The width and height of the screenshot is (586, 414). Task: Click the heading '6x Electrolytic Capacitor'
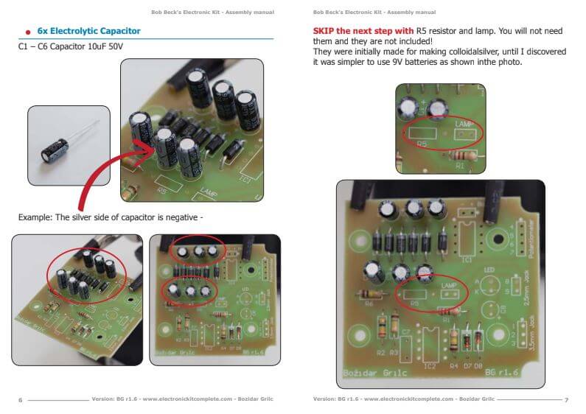coord(88,31)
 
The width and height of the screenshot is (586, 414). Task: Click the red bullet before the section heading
coord(28,32)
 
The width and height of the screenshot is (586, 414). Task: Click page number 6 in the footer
coord(20,399)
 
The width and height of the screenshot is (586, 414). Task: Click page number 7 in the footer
coord(566,399)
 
